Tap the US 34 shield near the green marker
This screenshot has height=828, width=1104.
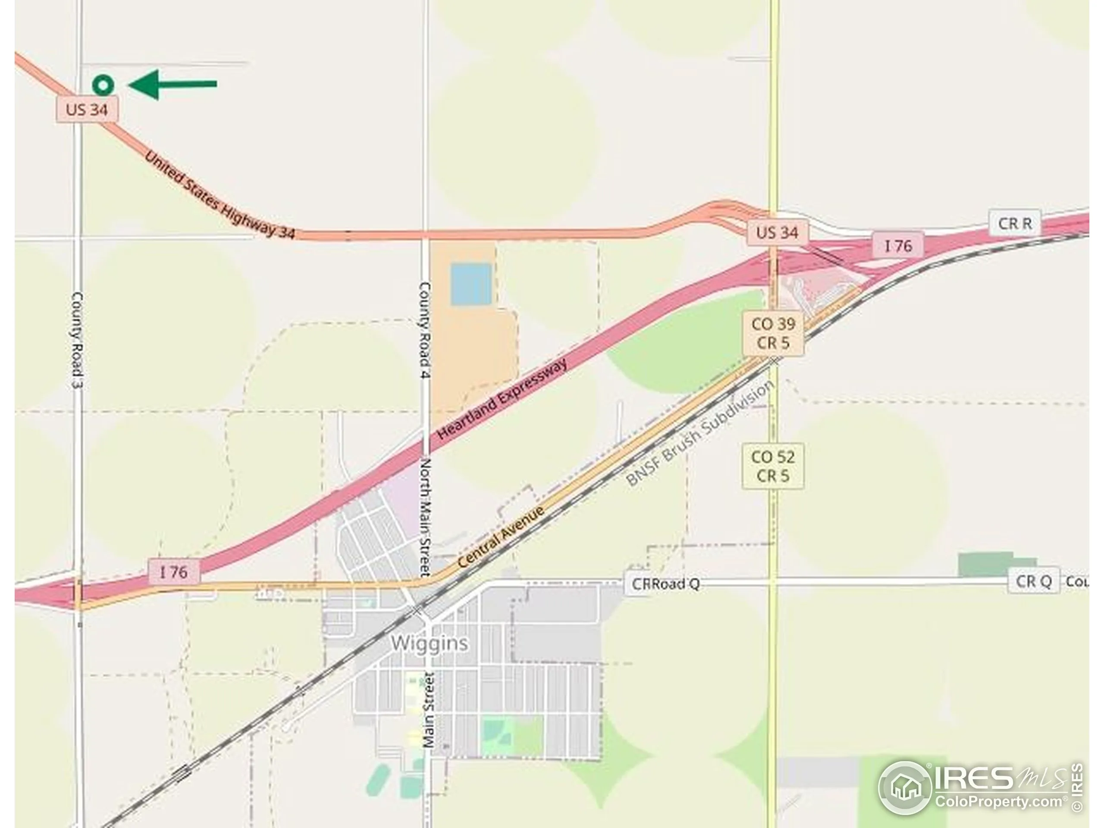(x=87, y=109)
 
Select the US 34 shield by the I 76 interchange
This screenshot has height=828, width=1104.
(x=777, y=232)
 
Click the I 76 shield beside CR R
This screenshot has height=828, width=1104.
(x=898, y=245)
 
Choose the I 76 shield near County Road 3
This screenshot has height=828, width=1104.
(x=174, y=572)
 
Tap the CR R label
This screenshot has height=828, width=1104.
(x=1015, y=223)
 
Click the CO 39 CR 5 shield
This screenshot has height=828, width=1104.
(x=773, y=333)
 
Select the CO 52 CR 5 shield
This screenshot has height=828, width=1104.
(x=773, y=466)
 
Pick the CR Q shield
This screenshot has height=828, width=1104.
(x=1034, y=581)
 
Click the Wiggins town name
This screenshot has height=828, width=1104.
(x=429, y=643)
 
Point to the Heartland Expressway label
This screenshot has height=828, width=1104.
(x=502, y=399)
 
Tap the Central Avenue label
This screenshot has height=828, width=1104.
(x=501, y=537)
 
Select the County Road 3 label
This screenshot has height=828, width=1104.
(x=77, y=340)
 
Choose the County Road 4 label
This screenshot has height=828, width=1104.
(x=425, y=330)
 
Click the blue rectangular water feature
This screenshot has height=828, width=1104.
(x=470, y=284)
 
